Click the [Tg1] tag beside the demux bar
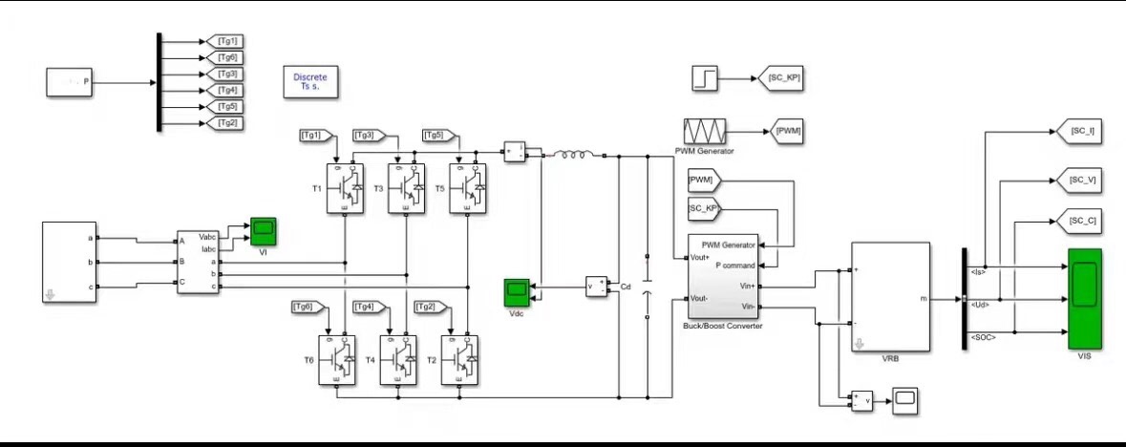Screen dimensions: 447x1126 click(x=227, y=41)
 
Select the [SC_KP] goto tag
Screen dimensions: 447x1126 click(x=779, y=80)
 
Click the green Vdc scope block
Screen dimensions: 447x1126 click(x=516, y=289)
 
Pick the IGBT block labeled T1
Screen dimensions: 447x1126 click(x=345, y=187)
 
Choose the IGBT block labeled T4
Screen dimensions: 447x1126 click(x=399, y=359)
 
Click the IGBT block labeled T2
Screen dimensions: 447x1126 click(x=460, y=359)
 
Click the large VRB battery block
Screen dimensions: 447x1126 click(x=890, y=297)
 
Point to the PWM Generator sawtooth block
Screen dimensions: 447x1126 click(x=706, y=131)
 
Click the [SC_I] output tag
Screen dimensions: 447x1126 click(x=1081, y=132)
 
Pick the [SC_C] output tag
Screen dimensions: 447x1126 click(x=1081, y=222)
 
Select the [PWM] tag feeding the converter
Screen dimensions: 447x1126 click(x=705, y=180)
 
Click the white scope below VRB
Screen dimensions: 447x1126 click(x=904, y=399)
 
